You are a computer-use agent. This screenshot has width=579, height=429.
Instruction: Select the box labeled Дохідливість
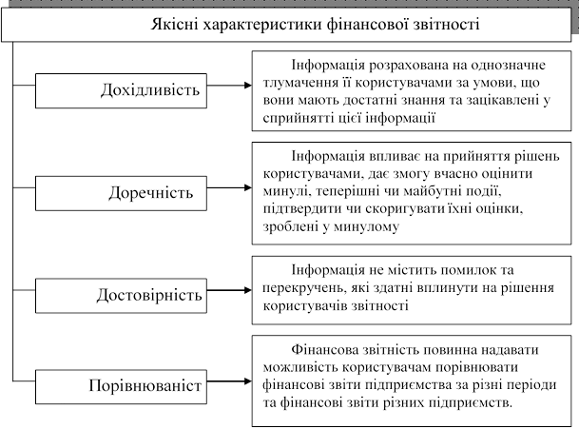(x=121, y=91)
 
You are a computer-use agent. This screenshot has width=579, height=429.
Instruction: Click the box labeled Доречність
(x=121, y=193)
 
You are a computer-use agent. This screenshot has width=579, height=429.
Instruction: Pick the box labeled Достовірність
(x=121, y=296)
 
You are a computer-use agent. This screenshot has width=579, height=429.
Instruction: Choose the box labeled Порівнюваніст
(x=121, y=386)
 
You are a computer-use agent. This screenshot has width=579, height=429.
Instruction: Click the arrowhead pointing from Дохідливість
(x=248, y=86)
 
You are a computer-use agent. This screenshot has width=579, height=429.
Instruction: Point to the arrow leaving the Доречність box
(x=229, y=187)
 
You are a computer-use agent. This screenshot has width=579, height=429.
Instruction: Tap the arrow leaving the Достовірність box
(x=229, y=290)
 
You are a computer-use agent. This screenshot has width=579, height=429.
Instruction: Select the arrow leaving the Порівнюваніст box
(x=229, y=381)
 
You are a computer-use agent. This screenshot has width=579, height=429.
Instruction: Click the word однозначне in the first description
(x=508, y=65)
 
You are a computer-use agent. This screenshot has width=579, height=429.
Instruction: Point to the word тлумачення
(x=300, y=83)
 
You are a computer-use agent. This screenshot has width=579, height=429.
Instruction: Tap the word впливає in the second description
(x=394, y=156)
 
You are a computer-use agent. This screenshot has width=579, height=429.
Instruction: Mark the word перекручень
(x=304, y=288)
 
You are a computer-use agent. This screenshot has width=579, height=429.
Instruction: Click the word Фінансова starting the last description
(x=322, y=349)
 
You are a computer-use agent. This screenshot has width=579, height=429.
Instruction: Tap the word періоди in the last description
(x=531, y=385)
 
